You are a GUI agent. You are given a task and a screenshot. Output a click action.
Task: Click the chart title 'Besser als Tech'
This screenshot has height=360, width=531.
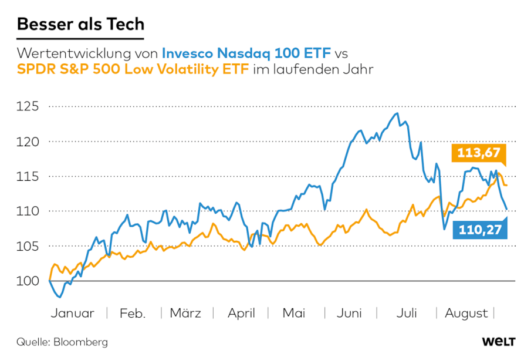click(x=80, y=25)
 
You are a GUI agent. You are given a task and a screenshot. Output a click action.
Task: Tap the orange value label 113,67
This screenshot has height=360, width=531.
click(x=479, y=154)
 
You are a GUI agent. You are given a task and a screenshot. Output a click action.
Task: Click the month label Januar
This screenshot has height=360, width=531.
click(x=72, y=313)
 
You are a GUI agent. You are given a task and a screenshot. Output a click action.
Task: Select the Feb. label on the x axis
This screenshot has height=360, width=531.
click(x=133, y=313)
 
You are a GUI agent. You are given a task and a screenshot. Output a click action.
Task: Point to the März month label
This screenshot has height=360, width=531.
click(x=185, y=313)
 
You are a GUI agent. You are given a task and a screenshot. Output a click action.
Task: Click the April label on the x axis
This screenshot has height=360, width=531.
click(x=241, y=313)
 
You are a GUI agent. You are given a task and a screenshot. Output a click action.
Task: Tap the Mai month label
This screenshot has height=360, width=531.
click(x=294, y=313)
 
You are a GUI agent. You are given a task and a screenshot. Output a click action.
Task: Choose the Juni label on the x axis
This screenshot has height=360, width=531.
click(x=349, y=313)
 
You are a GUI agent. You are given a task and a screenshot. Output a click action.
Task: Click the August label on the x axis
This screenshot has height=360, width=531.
click(x=466, y=313)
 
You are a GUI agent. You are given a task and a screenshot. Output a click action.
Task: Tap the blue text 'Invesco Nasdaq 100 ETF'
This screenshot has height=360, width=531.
click(x=246, y=53)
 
